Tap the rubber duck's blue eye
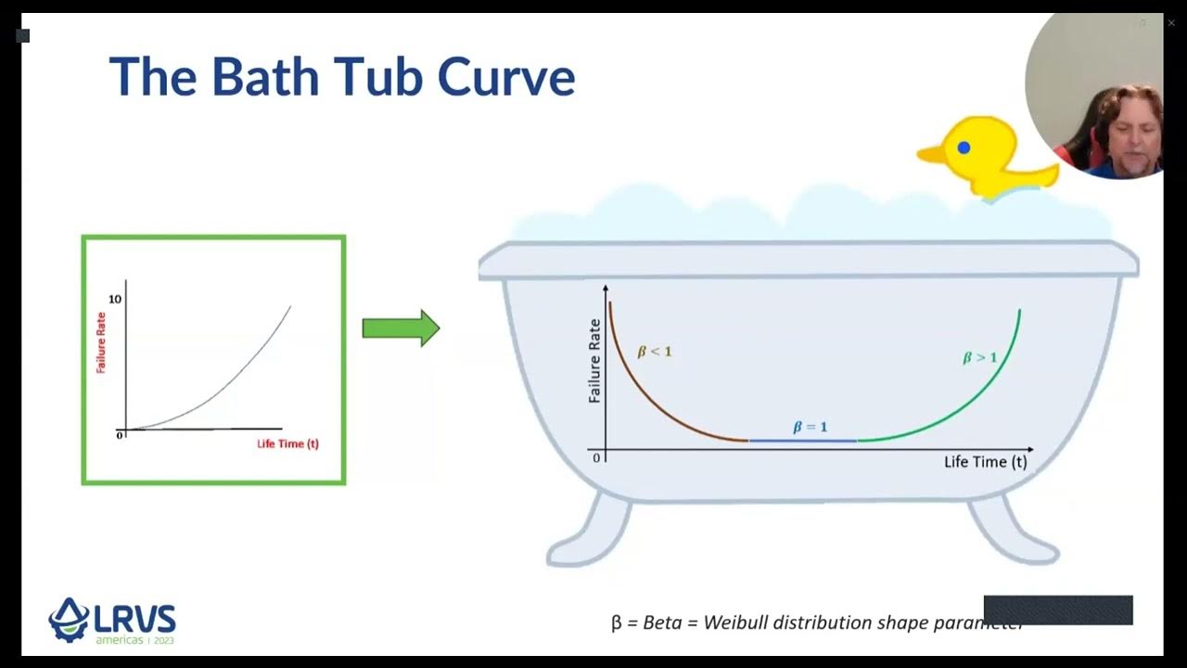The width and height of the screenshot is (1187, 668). point(964,148)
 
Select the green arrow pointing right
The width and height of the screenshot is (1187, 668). point(401,328)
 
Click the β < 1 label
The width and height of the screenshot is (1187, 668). point(654,352)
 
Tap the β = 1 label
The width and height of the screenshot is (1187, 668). point(810,427)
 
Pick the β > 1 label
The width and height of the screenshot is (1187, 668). point(979,357)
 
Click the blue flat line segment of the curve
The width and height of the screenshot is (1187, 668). point(803,441)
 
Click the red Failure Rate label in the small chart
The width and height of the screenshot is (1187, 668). point(101,341)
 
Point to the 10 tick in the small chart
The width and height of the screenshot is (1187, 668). point(115,299)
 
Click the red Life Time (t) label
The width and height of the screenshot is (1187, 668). point(287,443)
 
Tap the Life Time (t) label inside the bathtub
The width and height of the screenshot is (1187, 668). point(985,462)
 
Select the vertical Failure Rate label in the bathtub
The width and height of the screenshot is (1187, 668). point(594,360)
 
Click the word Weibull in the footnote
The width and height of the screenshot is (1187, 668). point(742,622)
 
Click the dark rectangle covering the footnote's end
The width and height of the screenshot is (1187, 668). point(1058,610)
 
